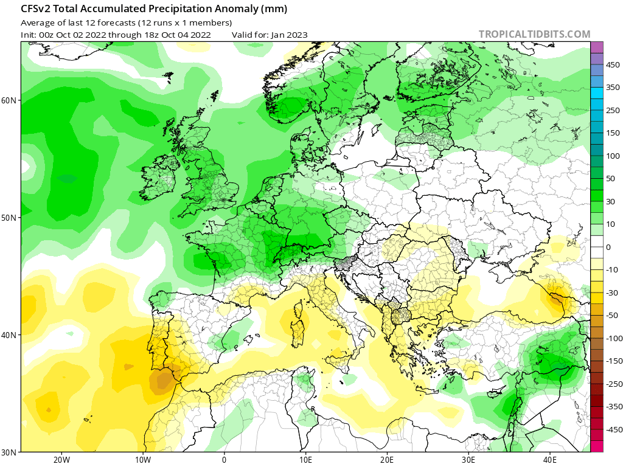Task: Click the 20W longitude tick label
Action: [x=61, y=459]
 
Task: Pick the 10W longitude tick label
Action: [x=142, y=459]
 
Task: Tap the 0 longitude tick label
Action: [x=224, y=459]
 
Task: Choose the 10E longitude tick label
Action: [x=305, y=459]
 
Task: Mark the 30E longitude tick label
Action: [x=468, y=459]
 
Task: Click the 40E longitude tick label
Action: [x=550, y=459]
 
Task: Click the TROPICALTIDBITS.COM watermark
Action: [x=534, y=35]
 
